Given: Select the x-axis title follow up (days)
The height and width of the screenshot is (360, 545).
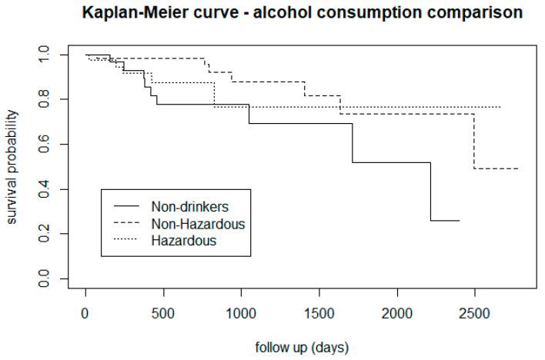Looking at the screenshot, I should (302, 348).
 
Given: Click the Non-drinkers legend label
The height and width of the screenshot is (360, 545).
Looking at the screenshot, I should (189, 206).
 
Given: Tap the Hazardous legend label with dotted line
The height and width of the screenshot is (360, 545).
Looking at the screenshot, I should (183, 240).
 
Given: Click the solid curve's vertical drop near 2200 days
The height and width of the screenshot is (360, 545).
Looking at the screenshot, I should (430, 192).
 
